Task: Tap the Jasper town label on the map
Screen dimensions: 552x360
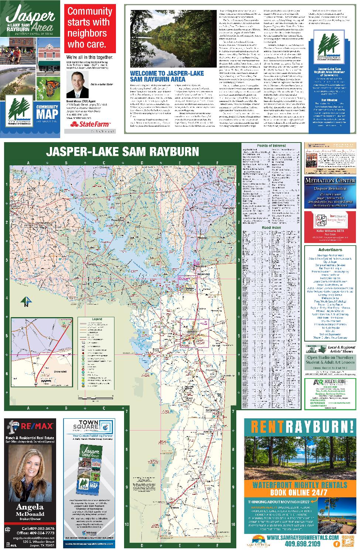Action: click(x=191, y=331)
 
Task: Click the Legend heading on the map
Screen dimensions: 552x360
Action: click(x=97, y=319)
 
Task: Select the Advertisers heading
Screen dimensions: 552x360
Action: click(x=330, y=250)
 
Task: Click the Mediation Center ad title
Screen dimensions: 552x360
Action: click(x=330, y=181)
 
